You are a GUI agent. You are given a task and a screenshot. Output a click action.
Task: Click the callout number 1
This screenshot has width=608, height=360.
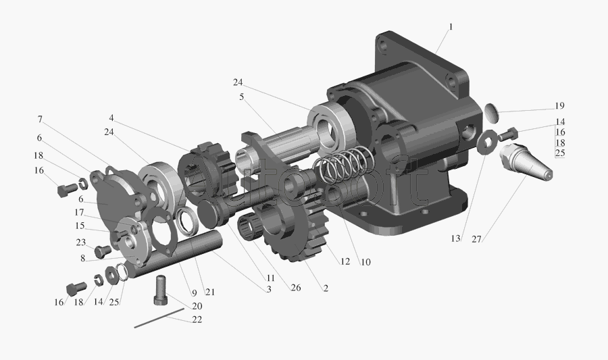tap(451, 27)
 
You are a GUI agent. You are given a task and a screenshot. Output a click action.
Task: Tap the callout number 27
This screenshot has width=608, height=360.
tap(476, 240)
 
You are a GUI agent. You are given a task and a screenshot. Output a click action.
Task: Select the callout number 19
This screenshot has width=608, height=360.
tap(559, 106)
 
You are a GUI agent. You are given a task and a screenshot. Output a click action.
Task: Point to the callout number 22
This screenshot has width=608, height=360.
tap(197, 319)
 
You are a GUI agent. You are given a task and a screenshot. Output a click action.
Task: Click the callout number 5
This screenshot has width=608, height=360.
tap(242, 97)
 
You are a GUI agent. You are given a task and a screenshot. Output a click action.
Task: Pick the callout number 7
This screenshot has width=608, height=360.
tap(40, 120)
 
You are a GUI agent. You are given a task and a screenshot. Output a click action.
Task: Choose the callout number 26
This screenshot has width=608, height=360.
tap(296, 288)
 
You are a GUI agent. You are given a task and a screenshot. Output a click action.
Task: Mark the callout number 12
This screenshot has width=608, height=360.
tap(345, 261)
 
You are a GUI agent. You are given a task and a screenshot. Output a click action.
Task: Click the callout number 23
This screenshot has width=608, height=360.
tap(80, 242)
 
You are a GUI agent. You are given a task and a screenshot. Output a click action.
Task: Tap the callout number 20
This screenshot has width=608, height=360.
tap(197, 306)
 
